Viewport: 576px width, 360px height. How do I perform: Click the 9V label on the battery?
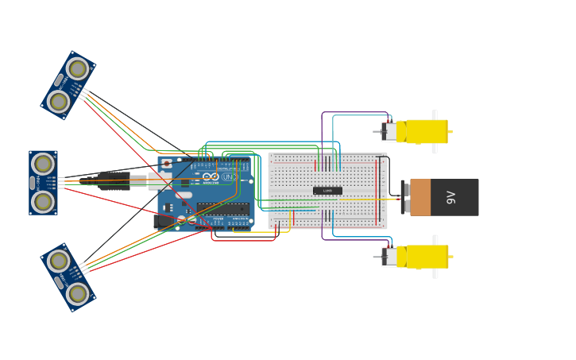451,197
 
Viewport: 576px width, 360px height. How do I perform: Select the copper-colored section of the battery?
420,197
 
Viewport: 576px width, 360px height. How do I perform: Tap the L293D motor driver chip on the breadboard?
327,191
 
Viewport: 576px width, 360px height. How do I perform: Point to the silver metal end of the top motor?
390,131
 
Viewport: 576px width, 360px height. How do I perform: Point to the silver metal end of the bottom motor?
390,257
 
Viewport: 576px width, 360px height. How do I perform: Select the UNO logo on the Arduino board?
229,176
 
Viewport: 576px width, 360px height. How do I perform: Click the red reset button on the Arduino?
167,164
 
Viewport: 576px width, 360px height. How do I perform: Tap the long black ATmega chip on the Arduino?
222,209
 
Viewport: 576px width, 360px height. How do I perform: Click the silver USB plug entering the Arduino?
138,180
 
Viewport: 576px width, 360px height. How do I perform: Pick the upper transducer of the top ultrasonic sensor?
77,69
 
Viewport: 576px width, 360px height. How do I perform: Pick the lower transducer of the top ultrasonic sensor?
58,101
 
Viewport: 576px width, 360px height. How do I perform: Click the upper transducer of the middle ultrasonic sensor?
43,164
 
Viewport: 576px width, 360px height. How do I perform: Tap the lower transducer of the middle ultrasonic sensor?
43,202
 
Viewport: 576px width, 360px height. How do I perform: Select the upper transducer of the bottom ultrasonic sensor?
58,261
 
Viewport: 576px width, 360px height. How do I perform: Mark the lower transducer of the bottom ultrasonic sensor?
77,293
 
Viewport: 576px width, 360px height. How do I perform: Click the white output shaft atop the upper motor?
435,114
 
